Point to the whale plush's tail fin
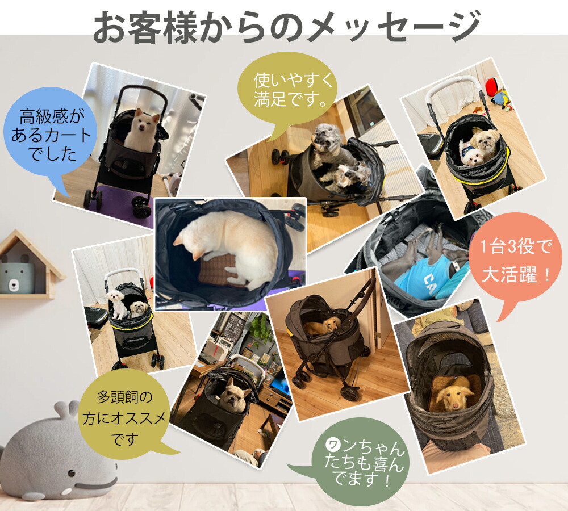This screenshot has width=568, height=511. [65, 409]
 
